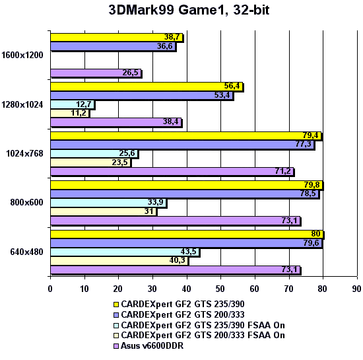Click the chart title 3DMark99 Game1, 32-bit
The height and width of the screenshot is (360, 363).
181,11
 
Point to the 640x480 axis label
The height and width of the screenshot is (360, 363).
26,252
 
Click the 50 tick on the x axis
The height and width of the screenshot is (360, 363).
220,288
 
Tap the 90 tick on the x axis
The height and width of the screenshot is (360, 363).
357,288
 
